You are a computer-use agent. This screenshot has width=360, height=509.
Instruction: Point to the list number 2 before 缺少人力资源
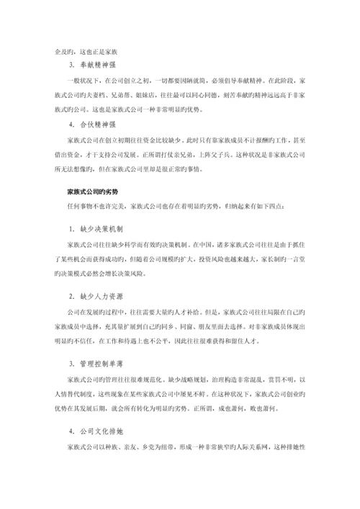click(70, 296)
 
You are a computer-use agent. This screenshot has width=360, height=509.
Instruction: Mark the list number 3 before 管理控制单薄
click(70, 363)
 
